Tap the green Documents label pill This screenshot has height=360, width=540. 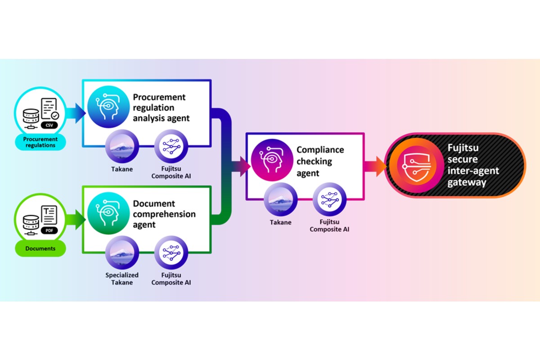tap(40, 248)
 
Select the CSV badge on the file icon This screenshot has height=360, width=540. tap(49, 126)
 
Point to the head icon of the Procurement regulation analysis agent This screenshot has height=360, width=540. tap(105, 109)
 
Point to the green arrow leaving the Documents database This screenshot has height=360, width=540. tap(75, 220)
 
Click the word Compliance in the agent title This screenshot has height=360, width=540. tap(320, 150)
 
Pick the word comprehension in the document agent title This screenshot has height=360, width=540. tap(164, 214)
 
